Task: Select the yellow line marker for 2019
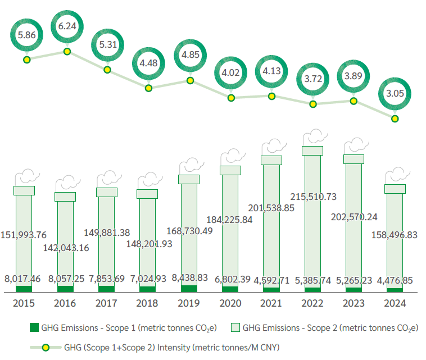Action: tap(190, 80)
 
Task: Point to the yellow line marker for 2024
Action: tap(395, 119)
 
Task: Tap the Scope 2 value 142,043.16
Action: tap(65, 248)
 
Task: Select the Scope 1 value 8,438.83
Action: tap(189, 277)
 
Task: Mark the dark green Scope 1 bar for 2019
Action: tap(189, 289)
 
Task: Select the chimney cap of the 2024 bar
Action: tap(395, 189)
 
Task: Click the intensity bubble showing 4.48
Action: tap(149, 63)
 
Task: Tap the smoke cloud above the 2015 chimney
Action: tap(24, 177)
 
